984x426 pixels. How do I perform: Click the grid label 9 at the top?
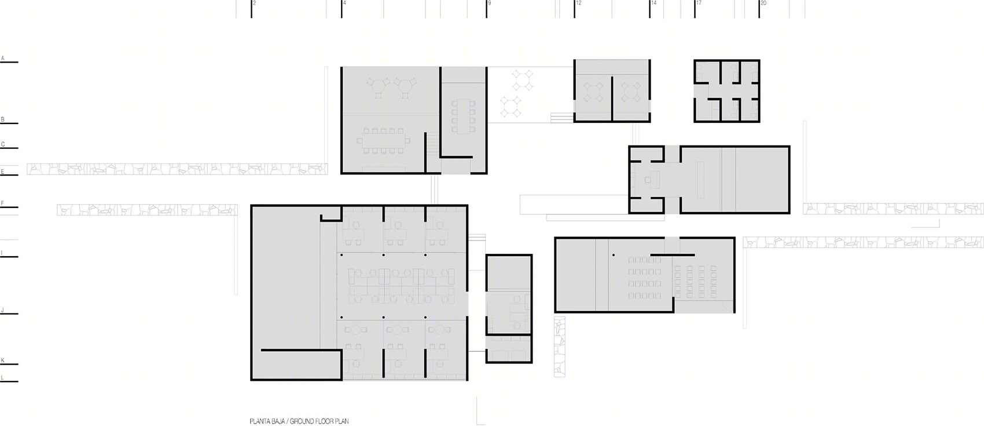click(x=489, y=3)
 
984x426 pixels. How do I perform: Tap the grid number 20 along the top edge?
click(x=763, y=3)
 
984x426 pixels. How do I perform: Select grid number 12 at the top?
click(x=579, y=3)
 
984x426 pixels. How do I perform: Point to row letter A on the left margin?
click(x=3, y=58)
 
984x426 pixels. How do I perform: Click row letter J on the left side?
click(x=3, y=310)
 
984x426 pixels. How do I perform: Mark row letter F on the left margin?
click(x=2, y=203)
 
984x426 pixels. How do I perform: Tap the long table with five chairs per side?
click(x=383, y=141)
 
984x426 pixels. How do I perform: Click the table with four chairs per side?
click(x=464, y=116)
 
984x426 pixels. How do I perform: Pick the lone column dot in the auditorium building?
click(x=614, y=255)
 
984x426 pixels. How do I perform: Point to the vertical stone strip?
click(x=559, y=347)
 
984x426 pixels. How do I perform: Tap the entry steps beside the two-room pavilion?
click(x=562, y=118)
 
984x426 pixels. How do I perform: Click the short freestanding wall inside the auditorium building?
click(x=673, y=255)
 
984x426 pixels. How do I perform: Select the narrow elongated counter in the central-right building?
click(x=700, y=180)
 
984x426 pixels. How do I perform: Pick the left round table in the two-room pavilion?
click(x=593, y=92)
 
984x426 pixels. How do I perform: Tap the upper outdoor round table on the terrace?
click(x=522, y=80)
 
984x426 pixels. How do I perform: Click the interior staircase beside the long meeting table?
click(x=434, y=143)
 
